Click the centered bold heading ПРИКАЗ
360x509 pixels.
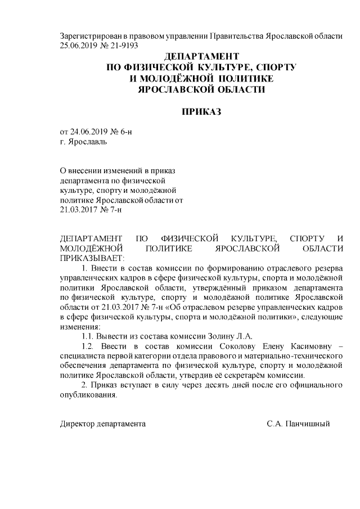[201, 111]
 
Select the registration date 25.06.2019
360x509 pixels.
[79, 45]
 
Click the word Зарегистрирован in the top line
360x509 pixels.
[90, 36]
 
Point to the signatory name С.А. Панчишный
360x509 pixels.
[298, 424]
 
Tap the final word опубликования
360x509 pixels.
[88, 394]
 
